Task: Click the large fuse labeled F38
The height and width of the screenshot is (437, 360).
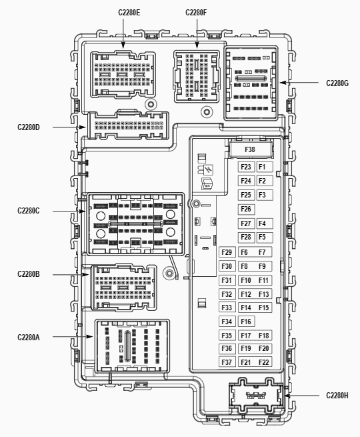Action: (x=251, y=149)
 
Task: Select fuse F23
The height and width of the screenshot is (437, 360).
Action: (x=247, y=167)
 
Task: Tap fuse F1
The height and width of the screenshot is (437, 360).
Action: (x=264, y=167)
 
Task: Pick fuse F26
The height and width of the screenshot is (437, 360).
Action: (x=247, y=209)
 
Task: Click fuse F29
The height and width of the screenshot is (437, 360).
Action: (x=227, y=252)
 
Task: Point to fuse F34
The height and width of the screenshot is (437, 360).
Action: (x=227, y=322)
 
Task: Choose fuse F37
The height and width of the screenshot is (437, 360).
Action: (x=227, y=362)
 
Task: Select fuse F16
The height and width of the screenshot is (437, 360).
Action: (x=247, y=322)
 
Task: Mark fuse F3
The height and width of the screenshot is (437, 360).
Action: (x=264, y=195)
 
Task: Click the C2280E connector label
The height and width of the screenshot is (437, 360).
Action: (x=129, y=13)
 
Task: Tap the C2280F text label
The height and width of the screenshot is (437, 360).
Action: (x=196, y=13)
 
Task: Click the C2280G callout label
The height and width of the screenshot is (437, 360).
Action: (x=337, y=83)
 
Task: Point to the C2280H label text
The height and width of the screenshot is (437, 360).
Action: (x=337, y=396)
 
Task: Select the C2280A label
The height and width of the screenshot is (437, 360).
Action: (x=29, y=338)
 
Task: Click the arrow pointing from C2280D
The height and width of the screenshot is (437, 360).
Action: (x=69, y=127)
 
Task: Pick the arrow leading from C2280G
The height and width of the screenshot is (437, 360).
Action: (x=299, y=83)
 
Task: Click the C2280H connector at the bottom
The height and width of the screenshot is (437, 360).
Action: (x=256, y=395)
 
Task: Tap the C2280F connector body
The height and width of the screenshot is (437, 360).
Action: (x=196, y=76)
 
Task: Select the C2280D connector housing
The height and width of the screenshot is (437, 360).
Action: (x=128, y=125)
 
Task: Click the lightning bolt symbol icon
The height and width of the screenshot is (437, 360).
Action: (x=209, y=169)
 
